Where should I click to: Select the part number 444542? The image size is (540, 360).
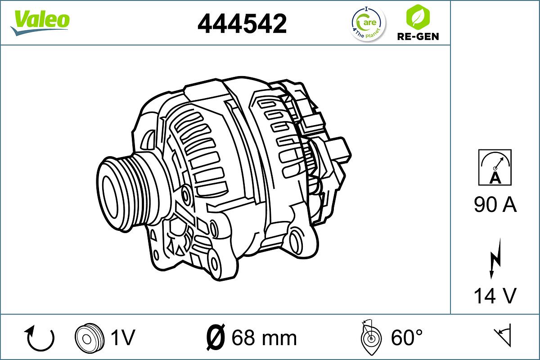tap(242, 23)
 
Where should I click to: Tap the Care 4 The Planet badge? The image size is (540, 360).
tap(368, 24)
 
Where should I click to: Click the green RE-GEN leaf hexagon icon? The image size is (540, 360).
tap(417, 16)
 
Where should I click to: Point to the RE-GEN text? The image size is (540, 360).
tap(417, 36)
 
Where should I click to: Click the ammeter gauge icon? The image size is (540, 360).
tap(495, 167)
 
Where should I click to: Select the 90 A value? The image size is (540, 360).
tap(495, 205)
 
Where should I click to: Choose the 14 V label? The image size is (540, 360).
tap(495, 296)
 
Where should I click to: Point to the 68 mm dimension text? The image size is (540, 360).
tap(264, 337)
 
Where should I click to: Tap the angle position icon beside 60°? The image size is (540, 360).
tap(371, 337)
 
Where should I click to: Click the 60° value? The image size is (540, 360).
tap(407, 337)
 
